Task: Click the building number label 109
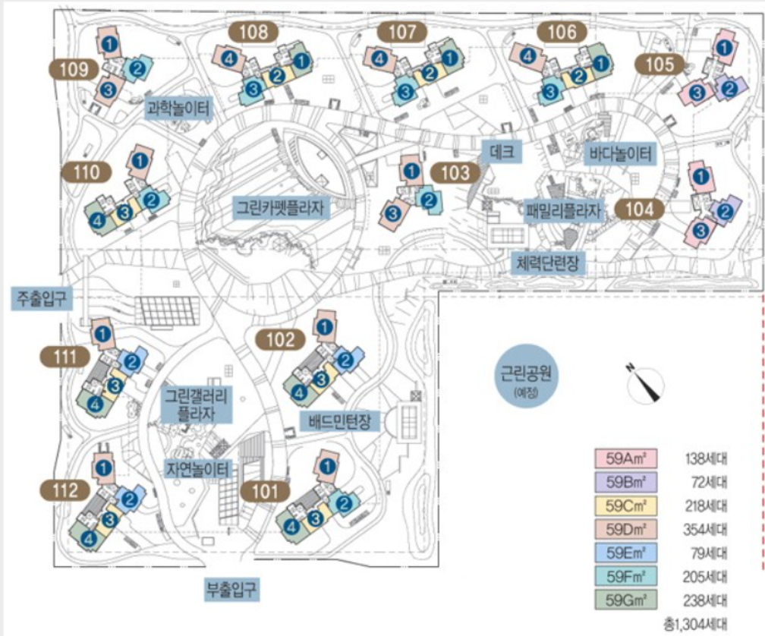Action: pos(74,70)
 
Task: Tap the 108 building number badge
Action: pos(253,32)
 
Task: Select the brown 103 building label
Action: pos(455,172)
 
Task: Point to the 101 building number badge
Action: pos(265,491)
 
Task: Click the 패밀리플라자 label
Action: pos(563,209)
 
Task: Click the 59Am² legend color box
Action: pos(625,459)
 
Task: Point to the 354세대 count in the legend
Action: pos(705,530)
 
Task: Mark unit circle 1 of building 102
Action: pos(324,327)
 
